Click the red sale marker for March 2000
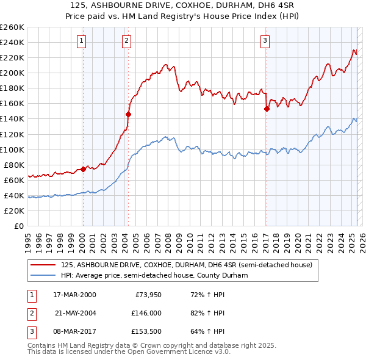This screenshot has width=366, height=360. pyautogui.click(x=83, y=169)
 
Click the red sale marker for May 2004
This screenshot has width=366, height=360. pyautogui.click(x=128, y=113)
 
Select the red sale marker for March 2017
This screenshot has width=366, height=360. pyautogui.click(x=267, y=109)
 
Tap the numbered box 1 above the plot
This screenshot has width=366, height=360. pyautogui.click(x=82, y=41)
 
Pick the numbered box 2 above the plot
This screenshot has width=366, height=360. pyautogui.click(x=126, y=41)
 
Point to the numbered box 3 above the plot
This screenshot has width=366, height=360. pyautogui.click(x=265, y=41)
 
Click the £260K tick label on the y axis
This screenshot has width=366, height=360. pyautogui.click(x=12, y=27)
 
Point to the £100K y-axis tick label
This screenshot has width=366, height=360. pyautogui.click(x=12, y=149)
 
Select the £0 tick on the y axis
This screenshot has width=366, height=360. pyautogui.click(x=20, y=226)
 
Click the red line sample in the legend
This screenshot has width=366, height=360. pyautogui.click(x=43, y=265)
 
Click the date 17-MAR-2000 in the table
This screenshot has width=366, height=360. pyautogui.click(x=74, y=295)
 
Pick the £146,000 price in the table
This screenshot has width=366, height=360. pyautogui.click(x=146, y=313)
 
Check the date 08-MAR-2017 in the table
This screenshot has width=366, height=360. pyautogui.click(x=74, y=331)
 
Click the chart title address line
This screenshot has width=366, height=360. pyautogui.click(x=183, y=7)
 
